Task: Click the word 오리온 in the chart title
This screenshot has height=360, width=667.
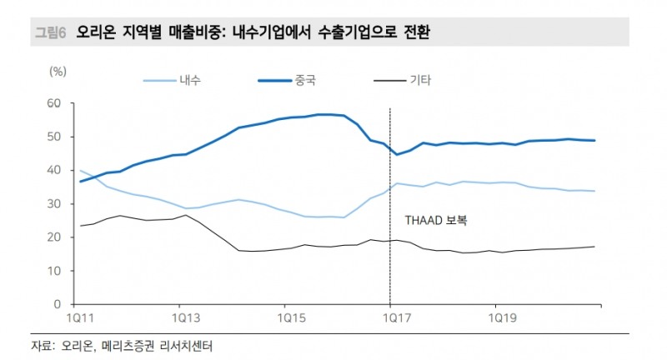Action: tap(97, 32)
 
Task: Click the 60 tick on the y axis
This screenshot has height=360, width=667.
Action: tap(57, 103)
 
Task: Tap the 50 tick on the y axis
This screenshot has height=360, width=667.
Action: tap(57, 137)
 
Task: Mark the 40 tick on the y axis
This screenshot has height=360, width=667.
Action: tap(57, 170)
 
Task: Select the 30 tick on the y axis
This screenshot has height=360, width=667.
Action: tap(57, 204)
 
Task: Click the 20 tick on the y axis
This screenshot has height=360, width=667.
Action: tap(57, 237)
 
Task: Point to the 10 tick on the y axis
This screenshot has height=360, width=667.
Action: tap(57, 271)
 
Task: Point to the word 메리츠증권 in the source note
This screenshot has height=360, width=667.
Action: tap(130, 345)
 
